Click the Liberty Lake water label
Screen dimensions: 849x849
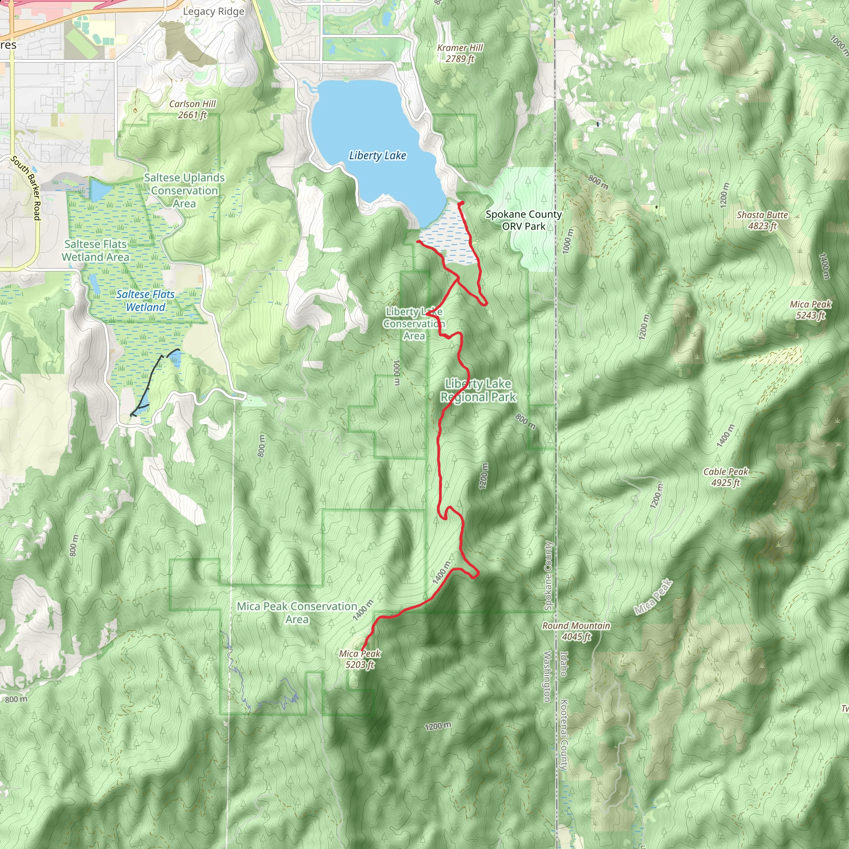pos(378,155)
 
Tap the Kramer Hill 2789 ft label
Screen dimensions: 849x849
pos(460,53)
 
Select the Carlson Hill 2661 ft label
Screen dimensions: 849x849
pos(192,109)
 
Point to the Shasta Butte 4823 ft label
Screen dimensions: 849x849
pos(762,220)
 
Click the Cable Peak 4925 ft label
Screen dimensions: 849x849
pos(725,477)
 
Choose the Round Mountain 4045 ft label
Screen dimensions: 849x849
pos(576,631)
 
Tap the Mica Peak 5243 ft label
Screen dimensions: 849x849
pos(810,309)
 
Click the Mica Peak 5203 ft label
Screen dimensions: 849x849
pos(359,659)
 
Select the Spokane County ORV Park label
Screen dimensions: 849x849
pos(524,220)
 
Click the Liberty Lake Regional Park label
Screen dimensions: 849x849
pos(478,390)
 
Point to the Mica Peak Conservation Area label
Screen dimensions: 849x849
pos(297,613)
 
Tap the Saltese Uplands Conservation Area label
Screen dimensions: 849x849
pos(184,190)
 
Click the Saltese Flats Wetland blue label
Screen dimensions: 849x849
pos(146,301)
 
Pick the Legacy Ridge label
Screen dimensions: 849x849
pos(213,12)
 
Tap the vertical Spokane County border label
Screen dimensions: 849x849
pos(548,575)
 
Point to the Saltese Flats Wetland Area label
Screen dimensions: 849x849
pos(95,250)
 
